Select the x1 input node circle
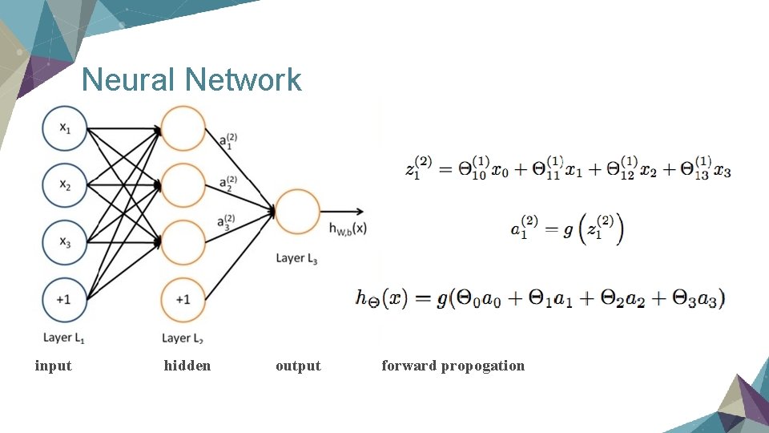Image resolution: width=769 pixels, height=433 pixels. [x=64, y=128]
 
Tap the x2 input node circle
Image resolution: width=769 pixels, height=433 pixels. [x=64, y=185]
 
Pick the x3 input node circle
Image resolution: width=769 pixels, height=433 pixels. [x=64, y=241]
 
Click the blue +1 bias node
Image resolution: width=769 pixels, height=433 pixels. [x=64, y=298]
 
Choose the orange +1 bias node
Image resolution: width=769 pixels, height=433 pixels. [x=183, y=298]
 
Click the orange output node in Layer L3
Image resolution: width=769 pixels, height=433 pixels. [x=297, y=212]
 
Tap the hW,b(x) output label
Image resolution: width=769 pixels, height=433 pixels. [x=348, y=228]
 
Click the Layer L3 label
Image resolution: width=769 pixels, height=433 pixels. [x=296, y=258]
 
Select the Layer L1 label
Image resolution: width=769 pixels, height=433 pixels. [x=63, y=338]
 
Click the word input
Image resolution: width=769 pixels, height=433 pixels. [x=54, y=366]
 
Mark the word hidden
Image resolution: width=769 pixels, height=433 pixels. [x=187, y=366]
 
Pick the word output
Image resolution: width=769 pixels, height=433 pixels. [x=298, y=366]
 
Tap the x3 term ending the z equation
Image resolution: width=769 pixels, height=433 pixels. [x=722, y=171]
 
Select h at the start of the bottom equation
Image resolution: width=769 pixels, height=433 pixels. [x=363, y=298]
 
